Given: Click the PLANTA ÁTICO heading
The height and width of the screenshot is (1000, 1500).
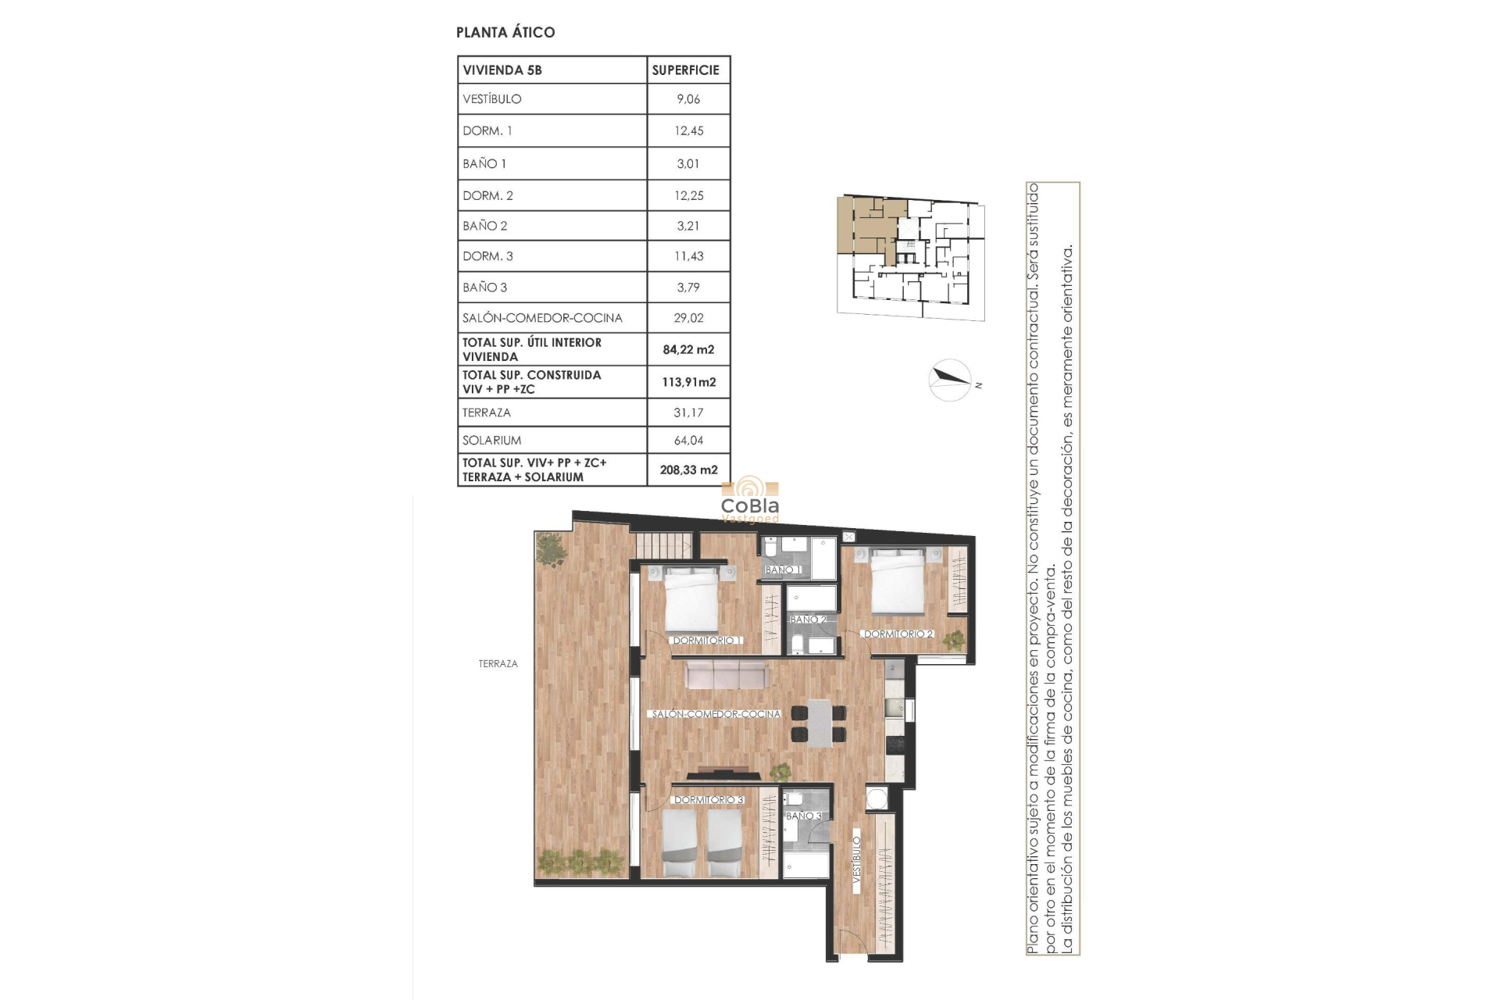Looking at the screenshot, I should tap(505, 32).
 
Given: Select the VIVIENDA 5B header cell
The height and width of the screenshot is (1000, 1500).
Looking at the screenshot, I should tap(502, 70).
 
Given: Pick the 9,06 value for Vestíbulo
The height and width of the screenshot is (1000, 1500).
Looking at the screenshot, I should tap(688, 99).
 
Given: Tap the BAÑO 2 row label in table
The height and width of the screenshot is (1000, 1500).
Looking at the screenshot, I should tap(485, 226).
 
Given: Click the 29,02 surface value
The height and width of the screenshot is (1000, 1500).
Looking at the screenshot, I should tap(688, 318).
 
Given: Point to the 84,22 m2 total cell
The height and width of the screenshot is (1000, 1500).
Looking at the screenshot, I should tap(688, 349).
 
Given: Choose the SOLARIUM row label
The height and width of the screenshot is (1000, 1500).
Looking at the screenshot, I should tap(491, 441).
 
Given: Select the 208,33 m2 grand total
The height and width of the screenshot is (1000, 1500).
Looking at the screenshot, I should tap(688, 470).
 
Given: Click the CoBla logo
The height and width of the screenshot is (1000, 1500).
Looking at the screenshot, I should tap(750, 500).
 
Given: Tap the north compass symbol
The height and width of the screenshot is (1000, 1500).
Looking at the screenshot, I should tap(951, 380).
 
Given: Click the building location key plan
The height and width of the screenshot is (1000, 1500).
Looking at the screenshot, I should tap(910, 258).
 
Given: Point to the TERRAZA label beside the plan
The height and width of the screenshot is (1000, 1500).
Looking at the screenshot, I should tap(498, 663).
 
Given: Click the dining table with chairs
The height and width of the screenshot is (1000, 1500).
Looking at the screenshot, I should tap(819, 723).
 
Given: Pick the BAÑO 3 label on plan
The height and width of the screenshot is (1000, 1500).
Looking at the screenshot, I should tap(803, 816).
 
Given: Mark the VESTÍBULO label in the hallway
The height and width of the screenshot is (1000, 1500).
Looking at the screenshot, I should tap(856, 860).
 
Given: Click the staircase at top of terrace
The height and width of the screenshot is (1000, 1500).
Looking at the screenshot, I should tap(662, 545).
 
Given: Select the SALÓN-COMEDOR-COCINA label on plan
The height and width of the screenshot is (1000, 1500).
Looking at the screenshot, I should tap(716, 714).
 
